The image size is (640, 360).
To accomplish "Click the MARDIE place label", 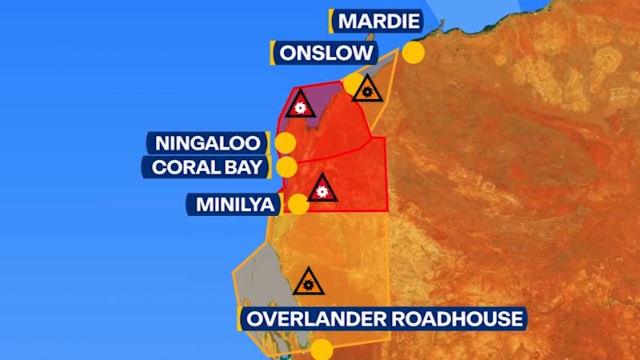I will pyautogui.click(x=378, y=20).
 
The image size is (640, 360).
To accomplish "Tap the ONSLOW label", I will pyautogui.click(x=326, y=54).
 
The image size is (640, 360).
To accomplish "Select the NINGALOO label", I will pyautogui.click(x=208, y=143).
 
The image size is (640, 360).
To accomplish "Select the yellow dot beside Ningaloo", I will pyautogui.click(x=285, y=143).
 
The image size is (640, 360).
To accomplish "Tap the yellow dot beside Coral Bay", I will pyautogui.click(x=286, y=167).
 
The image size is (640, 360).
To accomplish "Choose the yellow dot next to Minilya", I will pyautogui.click(x=298, y=205).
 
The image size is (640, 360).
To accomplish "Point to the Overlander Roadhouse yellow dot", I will pyautogui.click(x=322, y=350).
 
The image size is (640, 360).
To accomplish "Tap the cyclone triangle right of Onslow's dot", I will pyautogui.click(x=367, y=90).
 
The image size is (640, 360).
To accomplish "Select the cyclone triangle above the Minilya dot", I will pyautogui.click(x=322, y=190).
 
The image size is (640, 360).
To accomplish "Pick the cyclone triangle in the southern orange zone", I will pyautogui.click(x=307, y=282).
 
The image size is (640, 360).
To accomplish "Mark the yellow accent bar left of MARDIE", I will pyautogui.click(x=330, y=20).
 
